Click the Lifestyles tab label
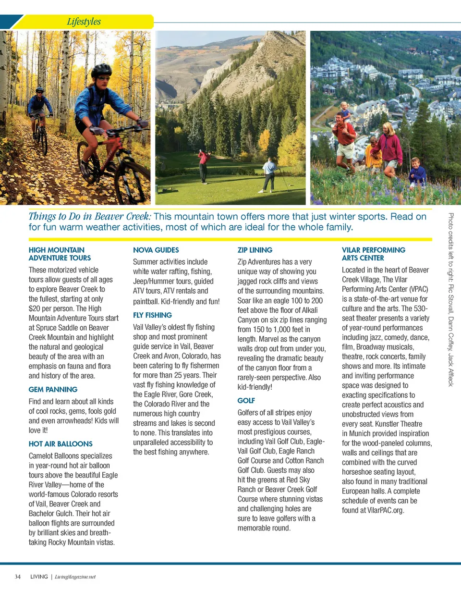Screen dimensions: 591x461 (84, 22)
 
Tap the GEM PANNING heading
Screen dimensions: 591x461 (53, 389)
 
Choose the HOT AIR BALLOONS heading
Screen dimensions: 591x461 (61, 443)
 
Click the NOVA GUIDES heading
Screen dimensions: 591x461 (156, 250)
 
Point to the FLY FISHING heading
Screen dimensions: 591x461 (152, 315)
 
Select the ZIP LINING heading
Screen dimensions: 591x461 (255, 250)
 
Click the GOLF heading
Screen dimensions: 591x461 (246, 400)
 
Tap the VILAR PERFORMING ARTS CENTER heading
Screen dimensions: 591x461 (373, 254)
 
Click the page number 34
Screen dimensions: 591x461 (17, 577)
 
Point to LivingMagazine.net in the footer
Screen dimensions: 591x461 (75, 577)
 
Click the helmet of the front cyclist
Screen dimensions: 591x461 (102, 70)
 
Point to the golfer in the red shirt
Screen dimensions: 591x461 (204, 166)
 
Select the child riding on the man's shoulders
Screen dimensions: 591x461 (344, 111)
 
